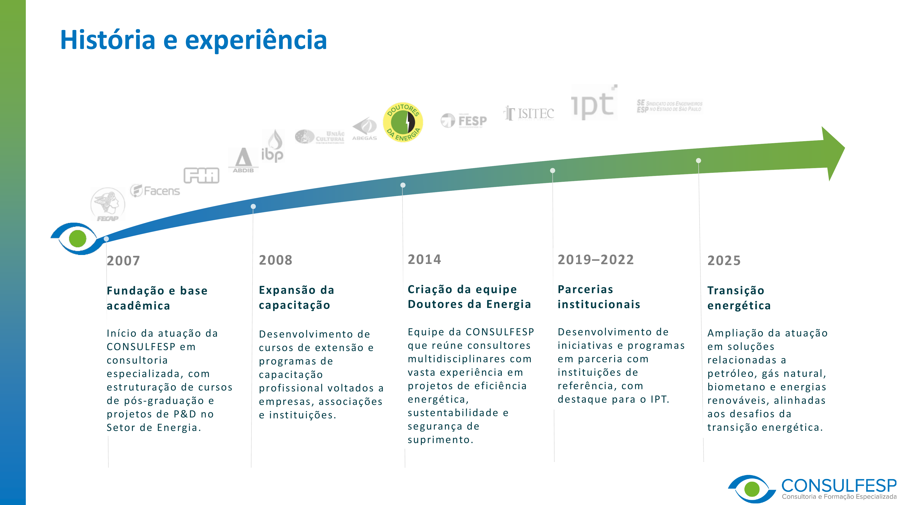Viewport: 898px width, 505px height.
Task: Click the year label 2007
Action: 123,261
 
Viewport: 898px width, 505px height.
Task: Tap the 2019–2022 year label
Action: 595,260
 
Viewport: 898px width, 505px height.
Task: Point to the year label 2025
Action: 724,261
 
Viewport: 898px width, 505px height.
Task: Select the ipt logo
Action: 594,103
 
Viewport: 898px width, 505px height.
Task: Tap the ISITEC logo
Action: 529,114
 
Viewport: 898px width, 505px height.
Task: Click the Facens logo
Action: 155,191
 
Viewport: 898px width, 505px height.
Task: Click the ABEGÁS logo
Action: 365,129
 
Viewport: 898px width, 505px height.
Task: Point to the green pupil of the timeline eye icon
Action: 77,239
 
